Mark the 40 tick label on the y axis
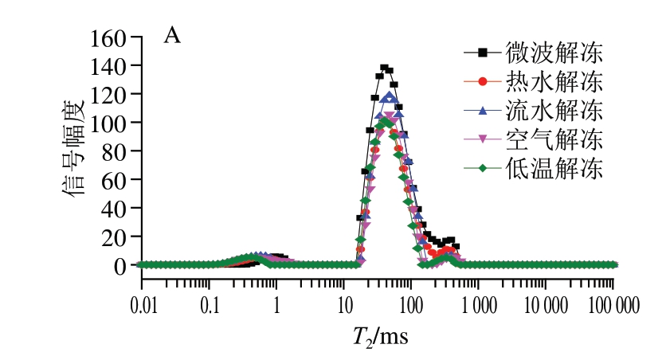pos(116,208)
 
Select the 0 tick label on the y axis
pos(122,265)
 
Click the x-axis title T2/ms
pos(380,338)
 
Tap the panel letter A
pos(171,35)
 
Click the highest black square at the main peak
pos(384,68)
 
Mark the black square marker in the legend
pos(483,53)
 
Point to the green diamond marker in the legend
pos(483,168)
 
